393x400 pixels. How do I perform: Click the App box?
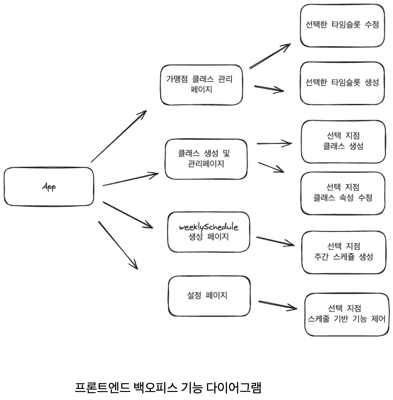click(x=49, y=186)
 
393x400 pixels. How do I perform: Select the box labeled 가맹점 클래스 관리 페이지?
click(x=201, y=85)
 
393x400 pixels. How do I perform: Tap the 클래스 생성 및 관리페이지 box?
click(x=206, y=159)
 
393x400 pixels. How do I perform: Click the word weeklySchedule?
click(x=208, y=227)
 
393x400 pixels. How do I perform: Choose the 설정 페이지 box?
click(x=209, y=296)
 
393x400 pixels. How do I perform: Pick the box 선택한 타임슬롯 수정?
click(x=342, y=25)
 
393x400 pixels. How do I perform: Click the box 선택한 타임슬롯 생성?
click(x=342, y=83)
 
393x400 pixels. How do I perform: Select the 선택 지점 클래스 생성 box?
click(x=343, y=142)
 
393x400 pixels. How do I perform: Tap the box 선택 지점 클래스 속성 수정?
click(x=343, y=193)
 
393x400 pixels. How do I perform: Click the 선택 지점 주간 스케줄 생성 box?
click(x=343, y=252)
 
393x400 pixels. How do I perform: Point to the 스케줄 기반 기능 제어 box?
click(x=347, y=314)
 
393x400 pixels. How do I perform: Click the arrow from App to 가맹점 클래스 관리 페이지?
click(x=119, y=136)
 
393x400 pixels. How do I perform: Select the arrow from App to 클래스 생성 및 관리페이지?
click(x=130, y=179)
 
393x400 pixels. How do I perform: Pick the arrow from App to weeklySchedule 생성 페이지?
click(x=128, y=215)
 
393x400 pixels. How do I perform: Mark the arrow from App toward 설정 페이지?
click(x=118, y=245)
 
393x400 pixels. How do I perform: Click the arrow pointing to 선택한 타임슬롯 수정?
click(x=270, y=56)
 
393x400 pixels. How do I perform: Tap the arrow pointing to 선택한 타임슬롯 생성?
click(x=269, y=89)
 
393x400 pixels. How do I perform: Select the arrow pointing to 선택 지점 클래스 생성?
click(x=274, y=144)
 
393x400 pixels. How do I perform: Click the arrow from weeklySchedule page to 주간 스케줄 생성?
click(x=275, y=241)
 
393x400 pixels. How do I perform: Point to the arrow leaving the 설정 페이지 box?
click(x=277, y=305)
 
